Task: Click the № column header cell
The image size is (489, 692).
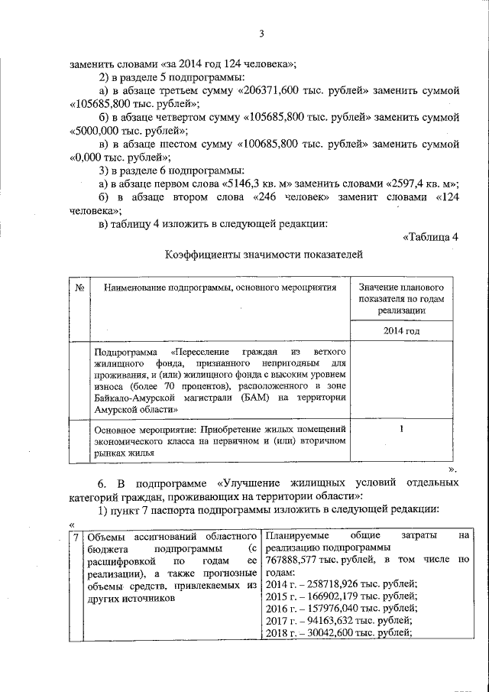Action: coord(79,288)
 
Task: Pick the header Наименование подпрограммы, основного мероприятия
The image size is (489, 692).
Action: coord(221,288)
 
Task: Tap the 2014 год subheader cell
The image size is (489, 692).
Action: coord(401,331)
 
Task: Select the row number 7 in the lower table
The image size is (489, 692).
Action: coord(76,538)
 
